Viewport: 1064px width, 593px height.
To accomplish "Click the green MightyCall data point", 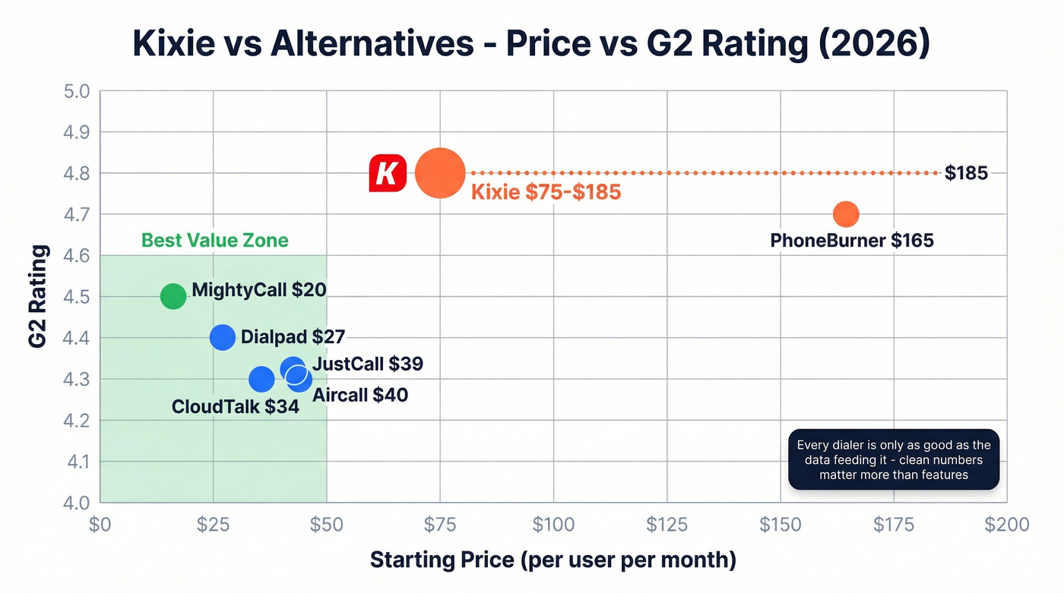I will coord(173,296).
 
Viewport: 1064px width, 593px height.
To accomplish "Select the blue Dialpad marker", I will coord(222,337).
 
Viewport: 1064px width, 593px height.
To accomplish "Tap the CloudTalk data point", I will coord(261,379).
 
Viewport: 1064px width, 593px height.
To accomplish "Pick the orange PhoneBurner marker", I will coord(845,214).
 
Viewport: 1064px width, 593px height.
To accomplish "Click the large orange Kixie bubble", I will coord(439,173).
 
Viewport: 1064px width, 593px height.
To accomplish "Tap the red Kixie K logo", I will coord(388,173).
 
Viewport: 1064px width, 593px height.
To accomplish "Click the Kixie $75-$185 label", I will coord(546,192).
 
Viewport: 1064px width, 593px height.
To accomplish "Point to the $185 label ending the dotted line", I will coord(966,173).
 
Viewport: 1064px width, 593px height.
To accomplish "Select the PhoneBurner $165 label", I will coord(851,241).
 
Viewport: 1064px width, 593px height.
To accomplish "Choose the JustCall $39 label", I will coord(367,364).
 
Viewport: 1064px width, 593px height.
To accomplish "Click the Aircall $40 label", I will coord(359,395).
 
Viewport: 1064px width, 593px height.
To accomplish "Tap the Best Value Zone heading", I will coord(215,241).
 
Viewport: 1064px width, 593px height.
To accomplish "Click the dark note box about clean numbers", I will coord(893,460).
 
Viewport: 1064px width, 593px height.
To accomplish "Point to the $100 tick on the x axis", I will coord(553,525).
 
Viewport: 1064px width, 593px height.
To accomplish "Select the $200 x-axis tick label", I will coord(1006,525).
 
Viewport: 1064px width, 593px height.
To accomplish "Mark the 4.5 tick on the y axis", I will coord(75,297).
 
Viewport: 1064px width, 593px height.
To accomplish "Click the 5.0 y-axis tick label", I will coord(75,92).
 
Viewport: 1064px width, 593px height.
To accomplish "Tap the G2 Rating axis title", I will coord(38,296).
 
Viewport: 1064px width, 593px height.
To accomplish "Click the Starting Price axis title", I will coord(553,560).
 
